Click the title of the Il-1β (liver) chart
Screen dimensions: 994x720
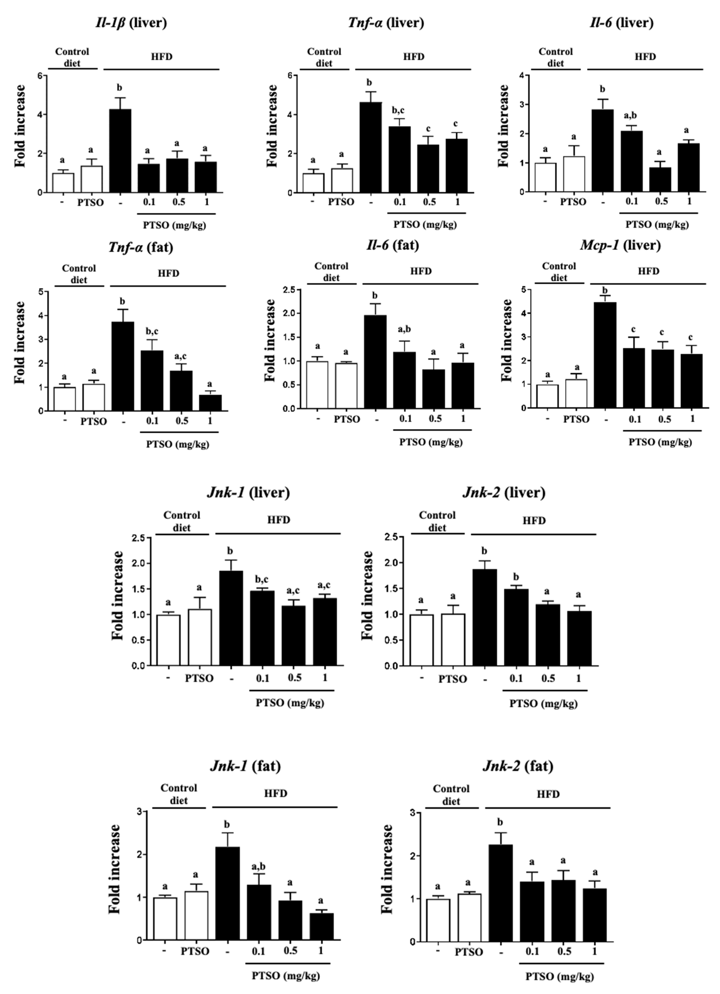[x=131, y=23]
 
